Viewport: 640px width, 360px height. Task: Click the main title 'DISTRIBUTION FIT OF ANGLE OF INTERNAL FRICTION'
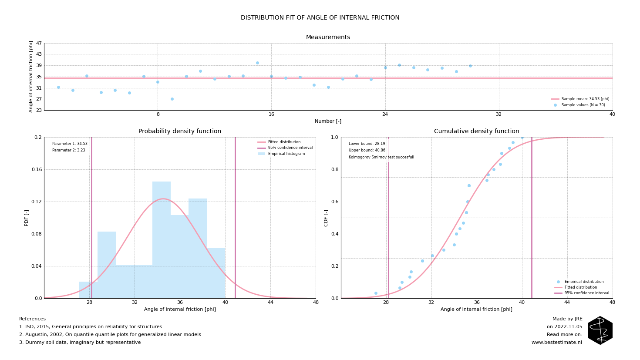320,18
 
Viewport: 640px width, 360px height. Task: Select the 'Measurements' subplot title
328,37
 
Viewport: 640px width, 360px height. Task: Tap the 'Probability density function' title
180,131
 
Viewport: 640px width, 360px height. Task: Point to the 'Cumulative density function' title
476,131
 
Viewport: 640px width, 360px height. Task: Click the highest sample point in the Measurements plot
257,63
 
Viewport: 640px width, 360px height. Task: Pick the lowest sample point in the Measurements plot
172,99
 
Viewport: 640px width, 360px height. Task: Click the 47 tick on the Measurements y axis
39,43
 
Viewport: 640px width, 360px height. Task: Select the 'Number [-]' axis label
328,121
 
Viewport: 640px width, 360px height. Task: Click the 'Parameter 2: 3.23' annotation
69,151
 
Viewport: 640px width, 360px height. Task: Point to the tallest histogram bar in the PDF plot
162,239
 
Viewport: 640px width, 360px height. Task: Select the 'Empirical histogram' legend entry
286,154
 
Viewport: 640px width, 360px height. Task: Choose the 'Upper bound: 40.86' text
367,151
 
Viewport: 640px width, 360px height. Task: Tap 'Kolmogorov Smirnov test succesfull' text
381,157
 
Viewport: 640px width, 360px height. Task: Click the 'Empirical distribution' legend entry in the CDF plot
584,282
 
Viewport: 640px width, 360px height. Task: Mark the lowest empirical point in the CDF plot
376,293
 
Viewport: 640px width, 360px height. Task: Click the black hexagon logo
600,330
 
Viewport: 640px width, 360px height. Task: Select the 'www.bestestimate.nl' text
556,343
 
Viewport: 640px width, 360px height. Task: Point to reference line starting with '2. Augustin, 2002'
110,335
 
